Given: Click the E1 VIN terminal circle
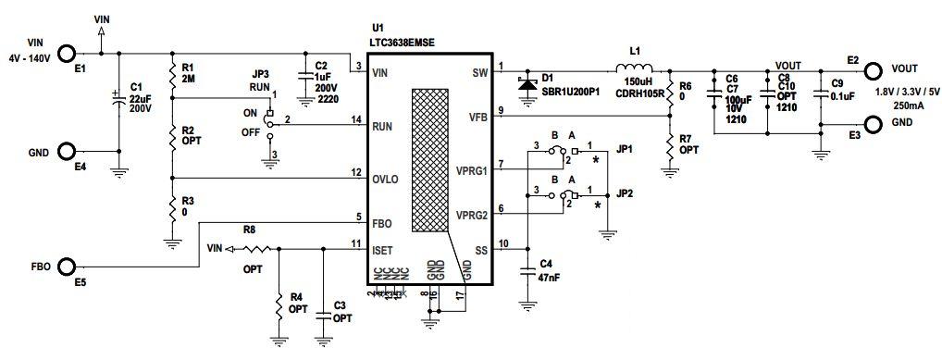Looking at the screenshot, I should [68, 55].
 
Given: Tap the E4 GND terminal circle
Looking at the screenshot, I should [68, 152].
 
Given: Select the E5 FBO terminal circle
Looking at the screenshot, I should [68, 267].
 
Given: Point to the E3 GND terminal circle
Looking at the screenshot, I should [871, 124].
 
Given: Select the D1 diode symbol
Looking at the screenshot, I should [527, 83].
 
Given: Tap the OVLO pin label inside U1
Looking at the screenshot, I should [385, 178].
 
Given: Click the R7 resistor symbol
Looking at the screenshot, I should [669, 143].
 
